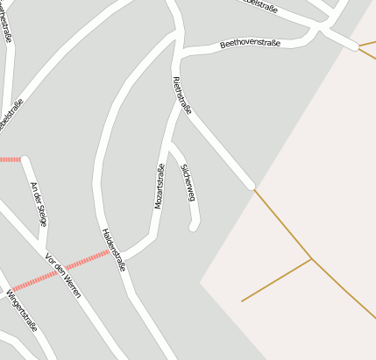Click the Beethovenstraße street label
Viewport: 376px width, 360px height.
pyautogui.click(x=251, y=42)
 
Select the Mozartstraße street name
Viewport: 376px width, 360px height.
pyautogui.click(x=160, y=186)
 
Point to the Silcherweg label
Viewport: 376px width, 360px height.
pyautogui.click(x=188, y=182)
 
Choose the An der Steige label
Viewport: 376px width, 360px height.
pyautogui.click(x=39, y=203)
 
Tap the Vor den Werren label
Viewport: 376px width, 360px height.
pyautogui.click(x=62, y=275)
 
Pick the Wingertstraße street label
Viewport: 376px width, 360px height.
pyautogui.click(x=22, y=311)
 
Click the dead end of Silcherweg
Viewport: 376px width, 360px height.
pyautogui.click(x=194, y=228)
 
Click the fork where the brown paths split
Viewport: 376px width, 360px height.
pyautogui.click(x=311, y=258)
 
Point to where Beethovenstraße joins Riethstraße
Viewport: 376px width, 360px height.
pyautogui.click(x=180, y=54)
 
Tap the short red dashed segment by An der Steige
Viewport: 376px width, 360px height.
pyautogui.click(x=10, y=159)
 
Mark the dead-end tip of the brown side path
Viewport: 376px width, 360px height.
pyautogui.click(x=242, y=301)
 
